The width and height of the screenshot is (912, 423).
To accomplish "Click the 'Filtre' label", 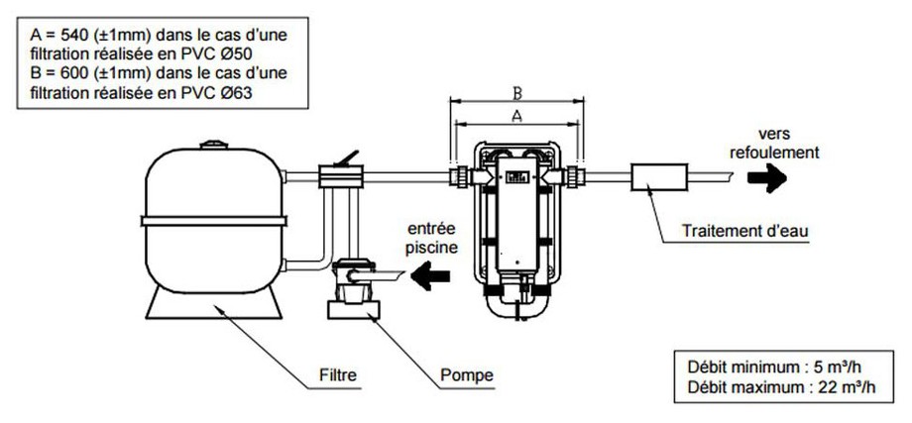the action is pyautogui.click(x=338, y=374).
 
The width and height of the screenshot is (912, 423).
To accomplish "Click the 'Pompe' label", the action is pyautogui.click(x=467, y=374).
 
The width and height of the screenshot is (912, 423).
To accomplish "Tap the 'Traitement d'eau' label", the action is pyautogui.click(x=745, y=231).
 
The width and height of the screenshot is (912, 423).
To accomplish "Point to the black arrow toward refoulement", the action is pyautogui.click(x=767, y=177).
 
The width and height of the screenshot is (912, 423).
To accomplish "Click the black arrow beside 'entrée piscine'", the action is pyautogui.click(x=430, y=275).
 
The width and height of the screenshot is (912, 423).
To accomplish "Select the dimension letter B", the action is pyautogui.click(x=516, y=92).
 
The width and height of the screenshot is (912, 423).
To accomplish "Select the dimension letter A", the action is pyautogui.click(x=516, y=116).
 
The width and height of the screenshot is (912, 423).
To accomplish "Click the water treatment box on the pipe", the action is pyautogui.click(x=659, y=176).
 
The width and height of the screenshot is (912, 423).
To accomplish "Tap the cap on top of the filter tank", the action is pyautogui.click(x=214, y=144).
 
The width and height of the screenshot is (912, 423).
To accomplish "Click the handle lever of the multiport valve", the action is pyautogui.click(x=349, y=158).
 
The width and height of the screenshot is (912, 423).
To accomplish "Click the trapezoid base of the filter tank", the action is pyautogui.click(x=214, y=302).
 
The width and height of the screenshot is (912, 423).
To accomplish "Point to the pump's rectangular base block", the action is pyautogui.click(x=354, y=310).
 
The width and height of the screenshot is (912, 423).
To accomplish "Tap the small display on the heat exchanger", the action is pyautogui.click(x=516, y=176).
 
